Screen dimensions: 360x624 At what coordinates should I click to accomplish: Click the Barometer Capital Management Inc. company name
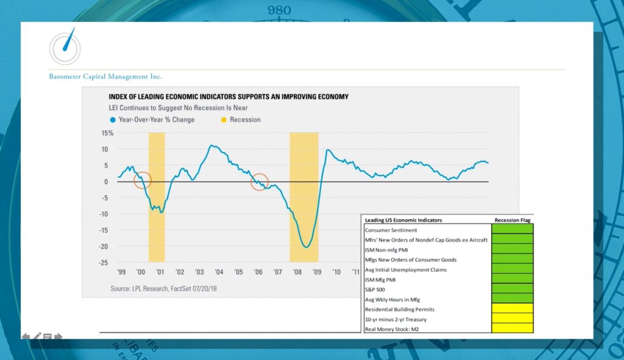click(x=105, y=77)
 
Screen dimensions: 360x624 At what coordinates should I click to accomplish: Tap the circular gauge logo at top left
click(x=65, y=47)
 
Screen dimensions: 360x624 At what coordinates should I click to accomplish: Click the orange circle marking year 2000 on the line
click(x=142, y=180)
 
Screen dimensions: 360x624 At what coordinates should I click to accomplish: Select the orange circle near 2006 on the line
click(x=260, y=182)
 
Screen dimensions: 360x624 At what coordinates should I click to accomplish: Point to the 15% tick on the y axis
click(x=107, y=133)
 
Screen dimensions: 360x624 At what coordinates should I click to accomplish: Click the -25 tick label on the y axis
click(x=105, y=263)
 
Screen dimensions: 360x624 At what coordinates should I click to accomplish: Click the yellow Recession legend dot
click(x=224, y=120)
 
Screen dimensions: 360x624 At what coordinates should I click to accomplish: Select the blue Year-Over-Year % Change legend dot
click(x=113, y=120)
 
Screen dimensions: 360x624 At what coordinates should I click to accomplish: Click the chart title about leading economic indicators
click(x=229, y=97)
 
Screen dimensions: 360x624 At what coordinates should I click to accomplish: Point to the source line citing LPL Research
click(x=163, y=288)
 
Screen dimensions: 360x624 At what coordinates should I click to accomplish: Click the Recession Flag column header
click(x=512, y=220)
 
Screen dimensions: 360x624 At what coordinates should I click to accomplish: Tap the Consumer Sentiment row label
click(x=391, y=230)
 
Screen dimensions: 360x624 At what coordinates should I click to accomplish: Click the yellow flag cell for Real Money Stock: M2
click(x=512, y=328)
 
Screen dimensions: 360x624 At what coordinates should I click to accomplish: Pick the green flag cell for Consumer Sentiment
click(x=512, y=229)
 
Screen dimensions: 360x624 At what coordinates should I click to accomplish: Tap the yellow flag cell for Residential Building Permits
click(x=512, y=308)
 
